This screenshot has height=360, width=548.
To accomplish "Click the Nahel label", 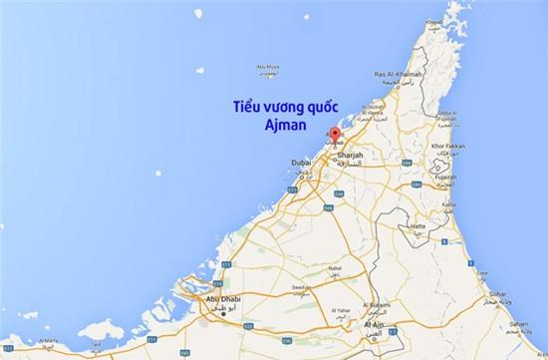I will pyautogui.click(x=334, y=268).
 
